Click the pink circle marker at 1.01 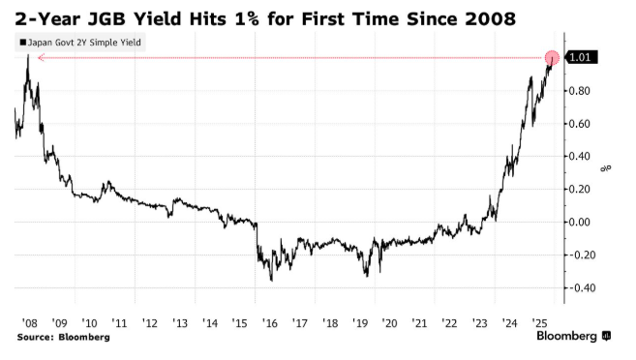click(553, 59)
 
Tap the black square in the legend click(21, 43)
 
